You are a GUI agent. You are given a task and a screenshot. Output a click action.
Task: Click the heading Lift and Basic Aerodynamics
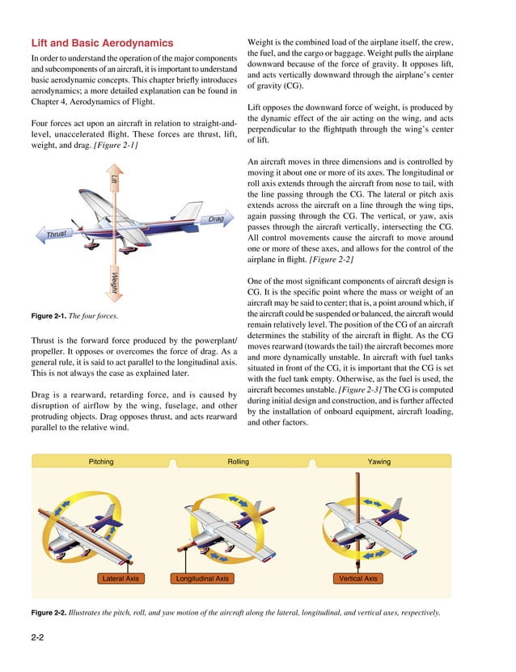101,43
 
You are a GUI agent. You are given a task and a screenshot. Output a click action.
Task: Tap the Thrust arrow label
56,235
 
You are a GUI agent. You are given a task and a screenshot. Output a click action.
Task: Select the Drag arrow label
215,219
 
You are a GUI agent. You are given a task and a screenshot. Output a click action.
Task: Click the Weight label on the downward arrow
115,284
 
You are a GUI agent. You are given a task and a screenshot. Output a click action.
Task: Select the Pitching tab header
101,462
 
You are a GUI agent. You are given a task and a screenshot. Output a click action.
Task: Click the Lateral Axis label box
121,579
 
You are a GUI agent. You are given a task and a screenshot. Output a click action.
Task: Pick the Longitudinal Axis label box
202,579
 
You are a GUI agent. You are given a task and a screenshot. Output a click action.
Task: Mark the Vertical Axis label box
357,579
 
